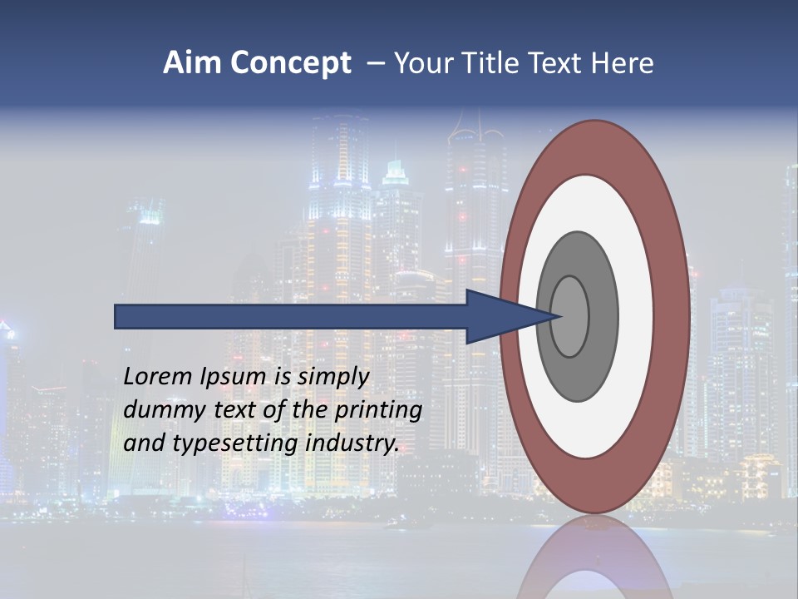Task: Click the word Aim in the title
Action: [x=192, y=63]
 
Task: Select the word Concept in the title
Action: [x=290, y=64]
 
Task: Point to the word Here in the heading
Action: [x=622, y=63]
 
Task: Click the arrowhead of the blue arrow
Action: [x=499, y=316]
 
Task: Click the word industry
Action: [x=352, y=443]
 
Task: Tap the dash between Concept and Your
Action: [x=374, y=64]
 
